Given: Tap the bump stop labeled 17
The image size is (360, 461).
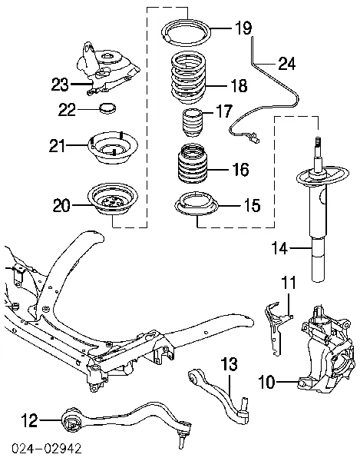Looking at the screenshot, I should [x=193, y=122].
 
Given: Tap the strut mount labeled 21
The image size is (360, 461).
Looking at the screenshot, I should [x=113, y=148].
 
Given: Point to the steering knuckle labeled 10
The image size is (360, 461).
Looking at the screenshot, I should [x=325, y=342].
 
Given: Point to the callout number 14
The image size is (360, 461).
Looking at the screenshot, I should [x=281, y=247].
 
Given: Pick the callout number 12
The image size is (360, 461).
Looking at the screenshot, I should [x=28, y=420].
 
